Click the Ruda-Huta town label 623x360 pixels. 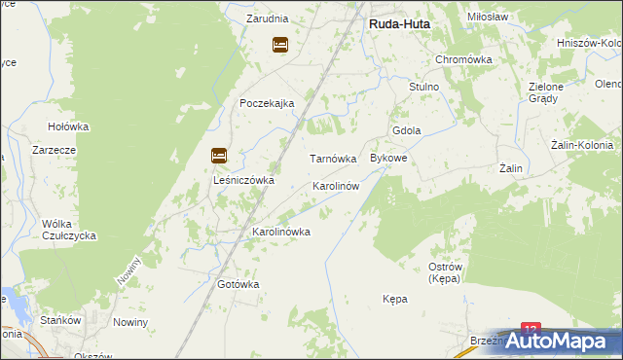399,26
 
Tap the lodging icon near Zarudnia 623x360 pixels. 280,44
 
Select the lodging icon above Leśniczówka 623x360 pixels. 219,155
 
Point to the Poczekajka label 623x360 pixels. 267,104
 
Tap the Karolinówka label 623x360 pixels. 281,232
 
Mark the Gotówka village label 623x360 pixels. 238,284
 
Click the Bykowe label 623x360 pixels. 388,158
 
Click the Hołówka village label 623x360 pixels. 69,126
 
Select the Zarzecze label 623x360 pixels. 54,151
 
